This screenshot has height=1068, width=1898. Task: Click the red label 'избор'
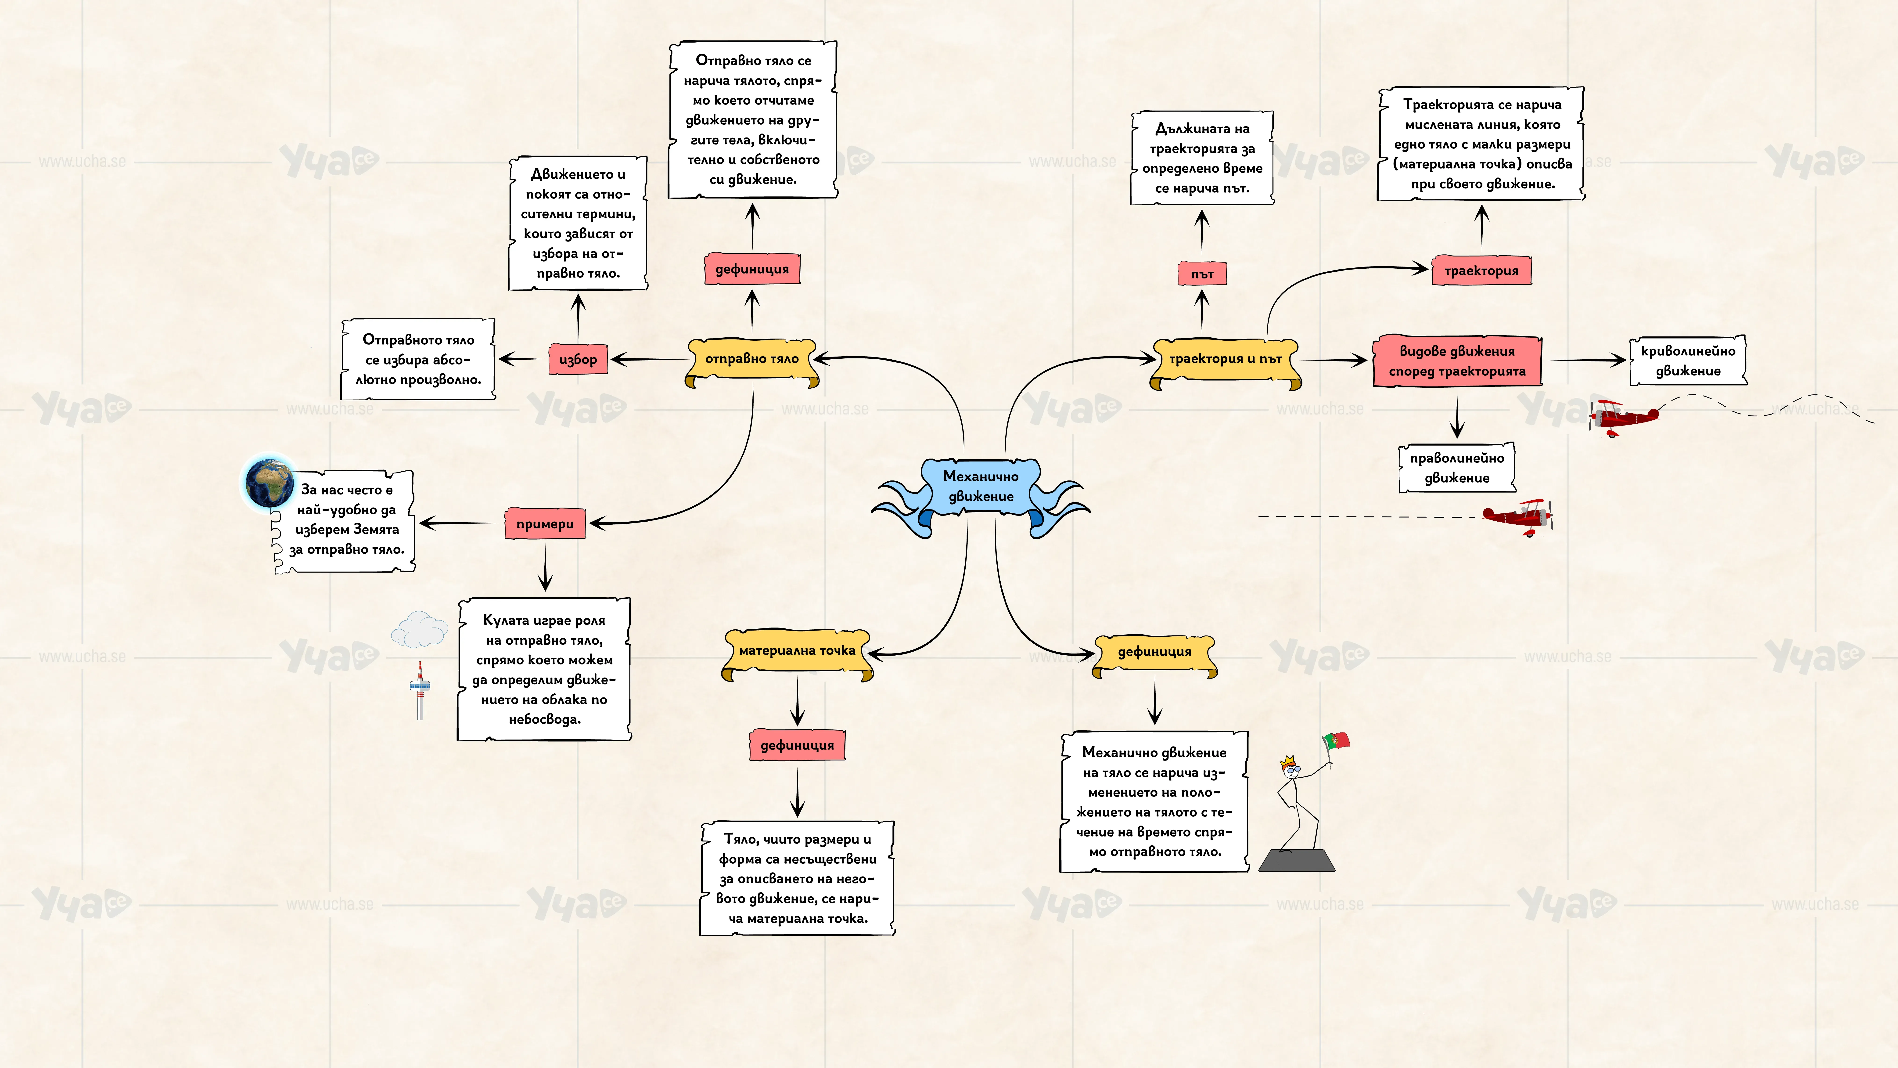(x=578, y=359)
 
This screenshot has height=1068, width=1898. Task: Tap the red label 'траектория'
(x=1481, y=271)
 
